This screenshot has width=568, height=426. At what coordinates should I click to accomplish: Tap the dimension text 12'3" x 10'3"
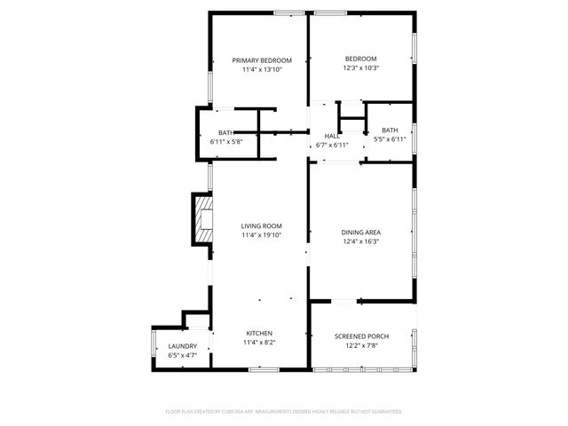360,68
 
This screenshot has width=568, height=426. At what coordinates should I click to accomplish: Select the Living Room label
261,226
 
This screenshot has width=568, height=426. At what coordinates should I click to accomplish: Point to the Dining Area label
360,233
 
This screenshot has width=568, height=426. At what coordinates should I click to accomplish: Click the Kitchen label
259,333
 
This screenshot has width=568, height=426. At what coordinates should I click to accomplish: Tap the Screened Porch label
361,336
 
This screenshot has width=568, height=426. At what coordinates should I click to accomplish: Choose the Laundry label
182,346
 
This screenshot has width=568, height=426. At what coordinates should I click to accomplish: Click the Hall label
331,136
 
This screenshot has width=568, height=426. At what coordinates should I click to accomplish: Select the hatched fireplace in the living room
204,217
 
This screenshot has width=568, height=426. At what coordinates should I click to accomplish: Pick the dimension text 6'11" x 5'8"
226,141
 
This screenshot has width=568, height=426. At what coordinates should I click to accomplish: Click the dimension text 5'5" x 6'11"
390,139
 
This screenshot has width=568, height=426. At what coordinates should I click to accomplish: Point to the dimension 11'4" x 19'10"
261,236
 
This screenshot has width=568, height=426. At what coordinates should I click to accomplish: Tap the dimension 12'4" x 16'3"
360,241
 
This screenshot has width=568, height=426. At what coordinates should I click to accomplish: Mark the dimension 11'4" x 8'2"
259,343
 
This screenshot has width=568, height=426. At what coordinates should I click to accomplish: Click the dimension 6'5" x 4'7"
182,355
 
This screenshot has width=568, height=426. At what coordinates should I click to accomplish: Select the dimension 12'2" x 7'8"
361,345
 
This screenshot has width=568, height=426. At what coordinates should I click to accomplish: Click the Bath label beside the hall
390,130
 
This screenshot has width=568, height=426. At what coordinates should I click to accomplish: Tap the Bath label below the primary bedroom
226,132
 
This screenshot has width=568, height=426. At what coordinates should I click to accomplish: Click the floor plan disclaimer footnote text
284,412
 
